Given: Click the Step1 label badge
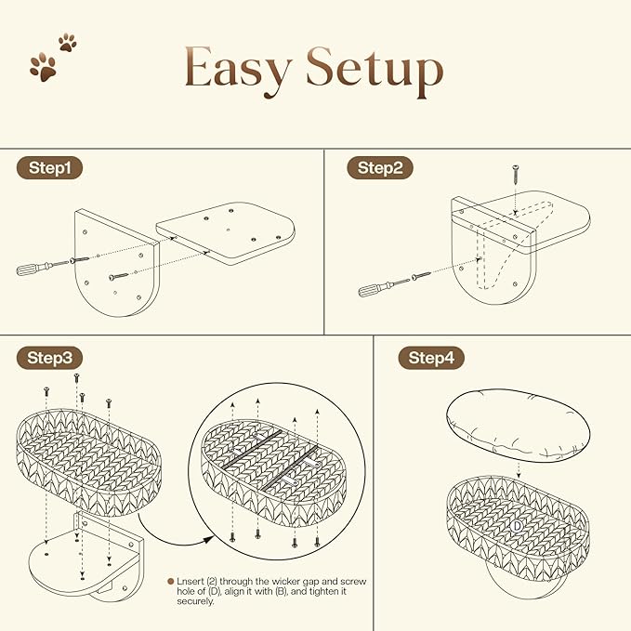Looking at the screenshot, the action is tap(49, 168).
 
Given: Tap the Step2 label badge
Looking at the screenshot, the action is tap(380, 168).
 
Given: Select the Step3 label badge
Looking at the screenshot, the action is tap(49, 358).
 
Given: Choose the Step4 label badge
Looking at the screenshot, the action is tap(431, 358).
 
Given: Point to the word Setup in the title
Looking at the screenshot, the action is tap(375, 71).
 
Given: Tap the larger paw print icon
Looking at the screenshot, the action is tap(43, 68).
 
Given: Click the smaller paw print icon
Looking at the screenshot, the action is tap(68, 42).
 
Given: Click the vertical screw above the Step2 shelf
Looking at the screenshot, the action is tap(515, 174).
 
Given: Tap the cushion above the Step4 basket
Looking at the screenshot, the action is tap(518, 425).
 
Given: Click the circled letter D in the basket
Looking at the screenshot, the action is tap(517, 526).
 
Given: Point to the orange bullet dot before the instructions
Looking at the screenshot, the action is tap(171, 581).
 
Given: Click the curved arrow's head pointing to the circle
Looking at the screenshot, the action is tap(209, 539).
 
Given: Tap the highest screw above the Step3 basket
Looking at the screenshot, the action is tap(76, 378).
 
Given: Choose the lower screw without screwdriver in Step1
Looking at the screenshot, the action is tap(118, 276).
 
